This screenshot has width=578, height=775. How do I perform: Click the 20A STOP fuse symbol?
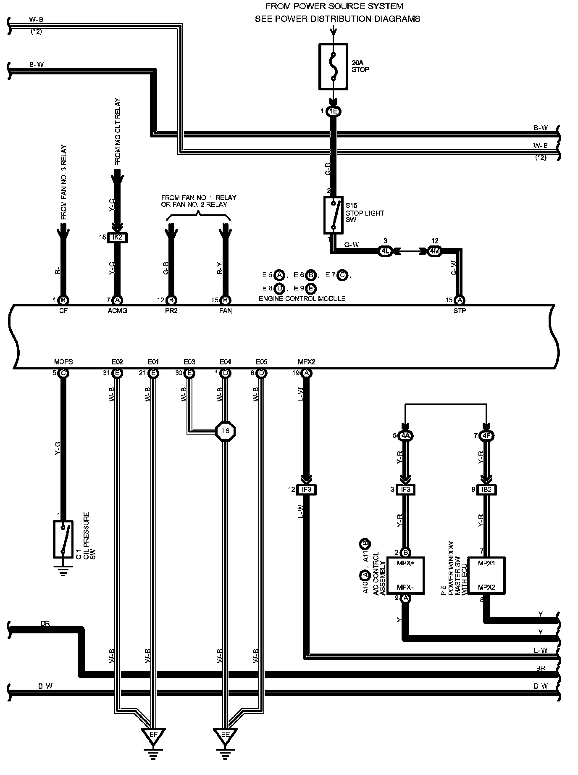click(334, 66)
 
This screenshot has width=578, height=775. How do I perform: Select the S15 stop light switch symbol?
click(334, 215)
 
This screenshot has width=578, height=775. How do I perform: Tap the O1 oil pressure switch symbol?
click(63, 539)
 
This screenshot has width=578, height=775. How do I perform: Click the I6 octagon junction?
click(225, 431)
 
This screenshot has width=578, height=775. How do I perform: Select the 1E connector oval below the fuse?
click(334, 111)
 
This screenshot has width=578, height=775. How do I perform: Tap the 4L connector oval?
click(385, 251)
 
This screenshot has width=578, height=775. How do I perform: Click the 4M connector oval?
click(434, 251)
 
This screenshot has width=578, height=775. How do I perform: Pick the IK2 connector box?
click(118, 237)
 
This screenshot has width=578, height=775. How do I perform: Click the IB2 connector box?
click(486, 490)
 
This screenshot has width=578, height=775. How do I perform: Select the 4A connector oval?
click(405, 435)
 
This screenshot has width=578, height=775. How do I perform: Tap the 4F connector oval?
click(486, 435)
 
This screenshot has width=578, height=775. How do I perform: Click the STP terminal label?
click(460, 311)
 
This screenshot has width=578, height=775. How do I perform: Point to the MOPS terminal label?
click(63, 361)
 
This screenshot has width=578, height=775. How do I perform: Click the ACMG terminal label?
click(118, 311)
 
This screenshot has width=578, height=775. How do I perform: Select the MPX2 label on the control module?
click(306, 361)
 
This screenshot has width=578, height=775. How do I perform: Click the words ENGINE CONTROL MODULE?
click(302, 298)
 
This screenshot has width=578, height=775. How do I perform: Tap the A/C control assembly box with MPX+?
click(405, 575)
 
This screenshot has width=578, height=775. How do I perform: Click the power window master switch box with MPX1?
click(486, 575)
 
